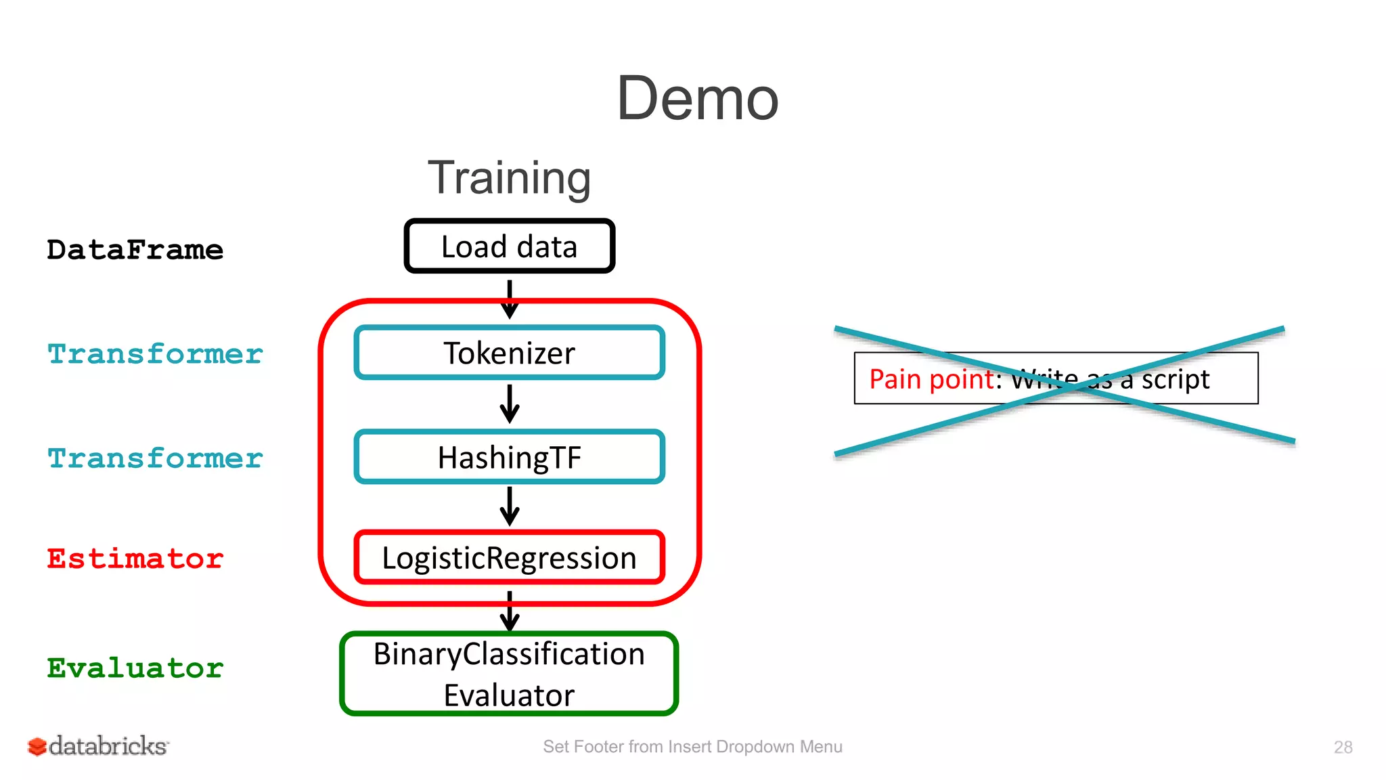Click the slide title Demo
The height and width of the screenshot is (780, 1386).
(697, 99)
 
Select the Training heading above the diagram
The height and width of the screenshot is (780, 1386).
(509, 177)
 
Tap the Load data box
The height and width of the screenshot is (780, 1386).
(509, 246)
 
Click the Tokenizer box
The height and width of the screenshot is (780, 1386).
(509, 353)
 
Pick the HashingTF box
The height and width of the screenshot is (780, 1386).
(509, 457)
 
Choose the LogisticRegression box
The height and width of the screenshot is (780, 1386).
(509, 558)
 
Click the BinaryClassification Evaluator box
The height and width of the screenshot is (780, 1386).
(509, 674)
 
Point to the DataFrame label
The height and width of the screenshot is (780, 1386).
(135, 250)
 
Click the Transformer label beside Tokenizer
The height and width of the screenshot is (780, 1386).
(155, 354)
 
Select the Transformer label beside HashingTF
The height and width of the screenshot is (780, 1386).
(155, 458)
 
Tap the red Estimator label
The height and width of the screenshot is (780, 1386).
(135, 559)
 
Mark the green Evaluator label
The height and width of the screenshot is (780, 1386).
(135, 668)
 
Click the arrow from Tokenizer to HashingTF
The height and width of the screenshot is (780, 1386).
(510, 404)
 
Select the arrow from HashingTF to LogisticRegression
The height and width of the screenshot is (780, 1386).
(510, 506)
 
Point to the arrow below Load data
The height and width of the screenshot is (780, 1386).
(510, 299)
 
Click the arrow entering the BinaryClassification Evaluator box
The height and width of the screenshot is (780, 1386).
(510, 611)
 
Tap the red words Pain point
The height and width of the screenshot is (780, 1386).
(931, 379)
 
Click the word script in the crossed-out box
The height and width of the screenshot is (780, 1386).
(1175, 379)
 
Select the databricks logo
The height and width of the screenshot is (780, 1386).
(98, 746)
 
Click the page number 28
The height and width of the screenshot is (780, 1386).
(1343, 747)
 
